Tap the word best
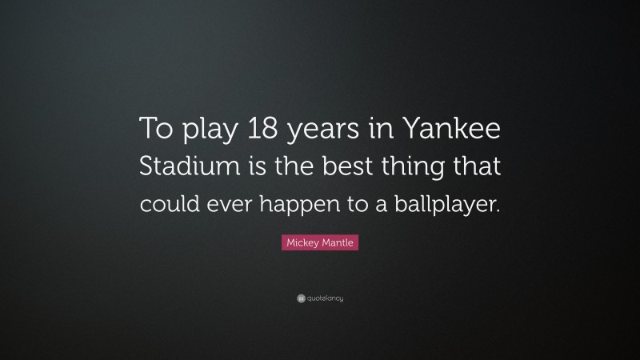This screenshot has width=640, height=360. click(342, 169)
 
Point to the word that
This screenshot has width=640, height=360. click(475, 169)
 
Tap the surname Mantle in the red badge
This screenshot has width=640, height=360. click(338, 243)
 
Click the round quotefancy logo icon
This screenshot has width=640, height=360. click(300, 298)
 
